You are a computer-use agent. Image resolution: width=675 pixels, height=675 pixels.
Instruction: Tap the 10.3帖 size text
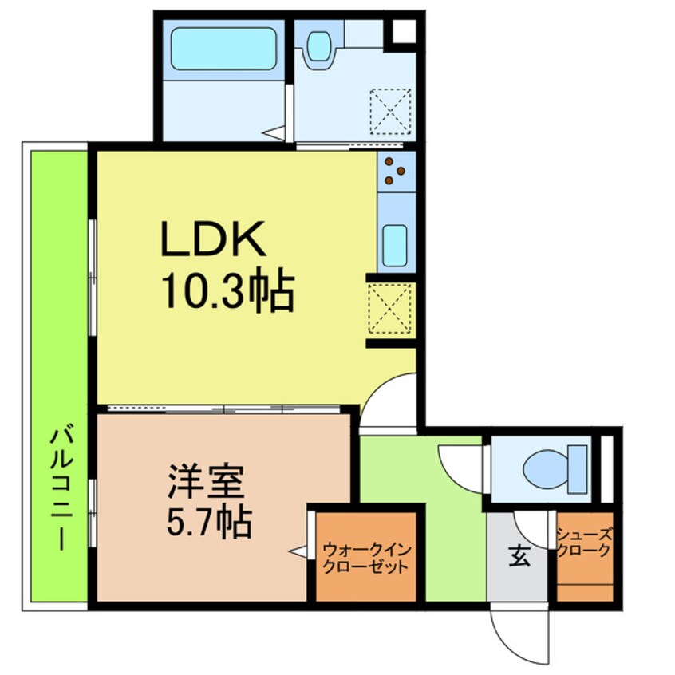click(x=227, y=290)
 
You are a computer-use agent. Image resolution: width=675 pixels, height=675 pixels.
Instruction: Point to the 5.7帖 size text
click(x=209, y=522)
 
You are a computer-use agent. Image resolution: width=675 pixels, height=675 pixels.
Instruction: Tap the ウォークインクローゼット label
click(x=366, y=559)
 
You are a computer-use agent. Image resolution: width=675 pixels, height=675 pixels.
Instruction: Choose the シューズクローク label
click(x=584, y=544)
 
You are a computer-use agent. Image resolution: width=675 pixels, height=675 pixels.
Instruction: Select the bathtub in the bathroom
click(x=223, y=48)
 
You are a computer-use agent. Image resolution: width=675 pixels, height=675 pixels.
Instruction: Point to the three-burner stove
click(x=396, y=171)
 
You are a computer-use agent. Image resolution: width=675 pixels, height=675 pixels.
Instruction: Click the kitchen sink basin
click(x=395, y=246)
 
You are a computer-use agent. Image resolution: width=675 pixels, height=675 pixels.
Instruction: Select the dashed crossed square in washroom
click(x=390, y=111)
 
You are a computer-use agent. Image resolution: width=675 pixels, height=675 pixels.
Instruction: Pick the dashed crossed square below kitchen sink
click(x=390, y=308)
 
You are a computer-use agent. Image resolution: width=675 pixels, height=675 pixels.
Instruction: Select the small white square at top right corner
click(x=404, y=30)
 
